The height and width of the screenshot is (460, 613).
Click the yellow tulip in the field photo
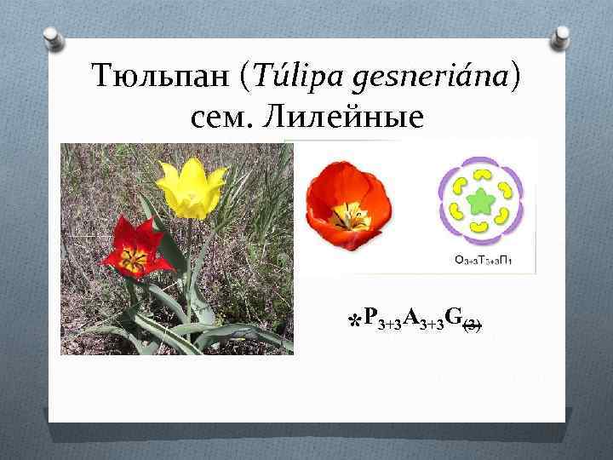coord(192,187)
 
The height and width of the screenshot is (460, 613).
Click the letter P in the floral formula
coord(370,318)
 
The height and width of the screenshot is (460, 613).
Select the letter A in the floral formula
coord(411,318)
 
